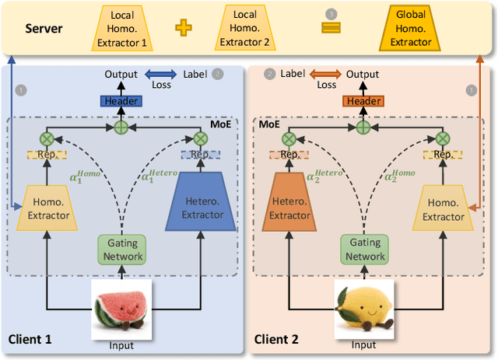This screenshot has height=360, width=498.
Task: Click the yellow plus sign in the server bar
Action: pyautogui.click(x=184, y=28)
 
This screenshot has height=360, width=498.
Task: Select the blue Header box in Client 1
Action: pyautogui.click(x=120, y=101)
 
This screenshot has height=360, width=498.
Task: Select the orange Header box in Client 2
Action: pyautogui.click(x=363, y=101)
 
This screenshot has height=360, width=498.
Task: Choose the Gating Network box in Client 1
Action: pyautogui.click(x=120, y=250)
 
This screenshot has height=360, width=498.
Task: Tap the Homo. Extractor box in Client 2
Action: pyautogui.click(x=444, y=209)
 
